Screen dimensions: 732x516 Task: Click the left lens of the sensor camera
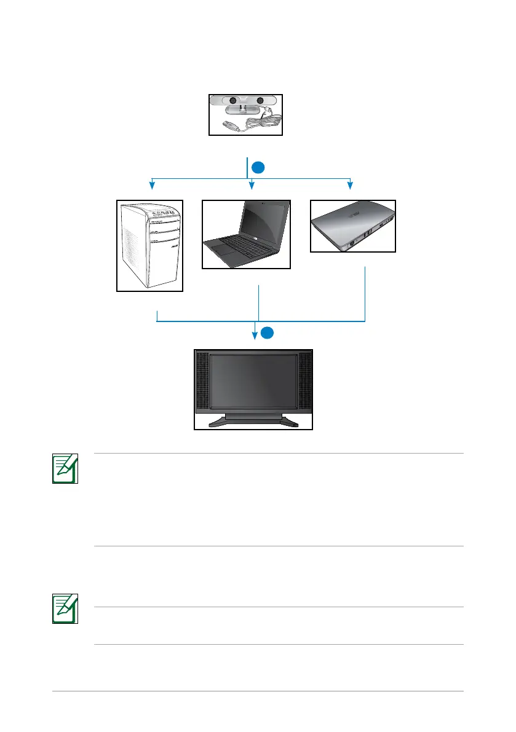tap(233, 101)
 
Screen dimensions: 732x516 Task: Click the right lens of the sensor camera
tap(260, 101)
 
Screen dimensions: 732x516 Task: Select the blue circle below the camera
tap(259, 167)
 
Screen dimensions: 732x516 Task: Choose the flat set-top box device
tap(352, 226)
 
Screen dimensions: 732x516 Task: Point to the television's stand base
tap(253, 422)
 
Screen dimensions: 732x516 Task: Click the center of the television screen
tap(253, 380)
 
